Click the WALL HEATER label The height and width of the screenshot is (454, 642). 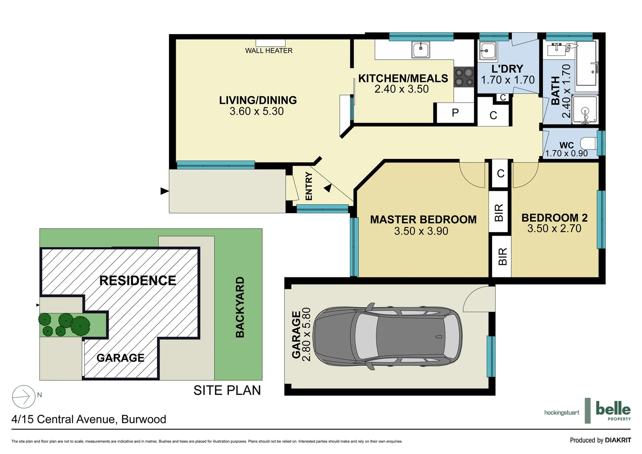pyautogui.click(x=269, y=51)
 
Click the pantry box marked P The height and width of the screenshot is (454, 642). pyautogui.click(x=455, y=113)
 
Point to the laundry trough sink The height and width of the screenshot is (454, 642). pyautogui.click(x=488, y=52)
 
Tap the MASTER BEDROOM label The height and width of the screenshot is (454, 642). pyautogui.click(x=423, y=220)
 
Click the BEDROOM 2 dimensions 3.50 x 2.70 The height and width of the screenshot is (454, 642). pyautogui.click(x=554, y=229)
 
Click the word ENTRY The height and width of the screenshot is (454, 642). pyautogui.click(x=309, y=186)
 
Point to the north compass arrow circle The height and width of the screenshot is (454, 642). pyautogui.click(x=24, y=397)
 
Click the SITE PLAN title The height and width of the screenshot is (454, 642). pyautogui.click(x=227, y=391)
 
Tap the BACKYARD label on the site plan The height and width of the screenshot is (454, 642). pyautogui.click(x=240, y=307)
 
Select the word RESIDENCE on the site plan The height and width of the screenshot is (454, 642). pyautogui.click(x=137, y=281)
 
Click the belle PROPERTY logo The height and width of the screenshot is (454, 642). pyautogui.click(x=613, y=410)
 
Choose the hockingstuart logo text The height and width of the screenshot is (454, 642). pyautogui.click(x=561, y=413)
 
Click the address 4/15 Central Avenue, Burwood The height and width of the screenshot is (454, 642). pyautogui.click(x=89, y=420)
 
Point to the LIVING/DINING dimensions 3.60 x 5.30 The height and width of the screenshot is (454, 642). pyautogui.click(x=256, y=111)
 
